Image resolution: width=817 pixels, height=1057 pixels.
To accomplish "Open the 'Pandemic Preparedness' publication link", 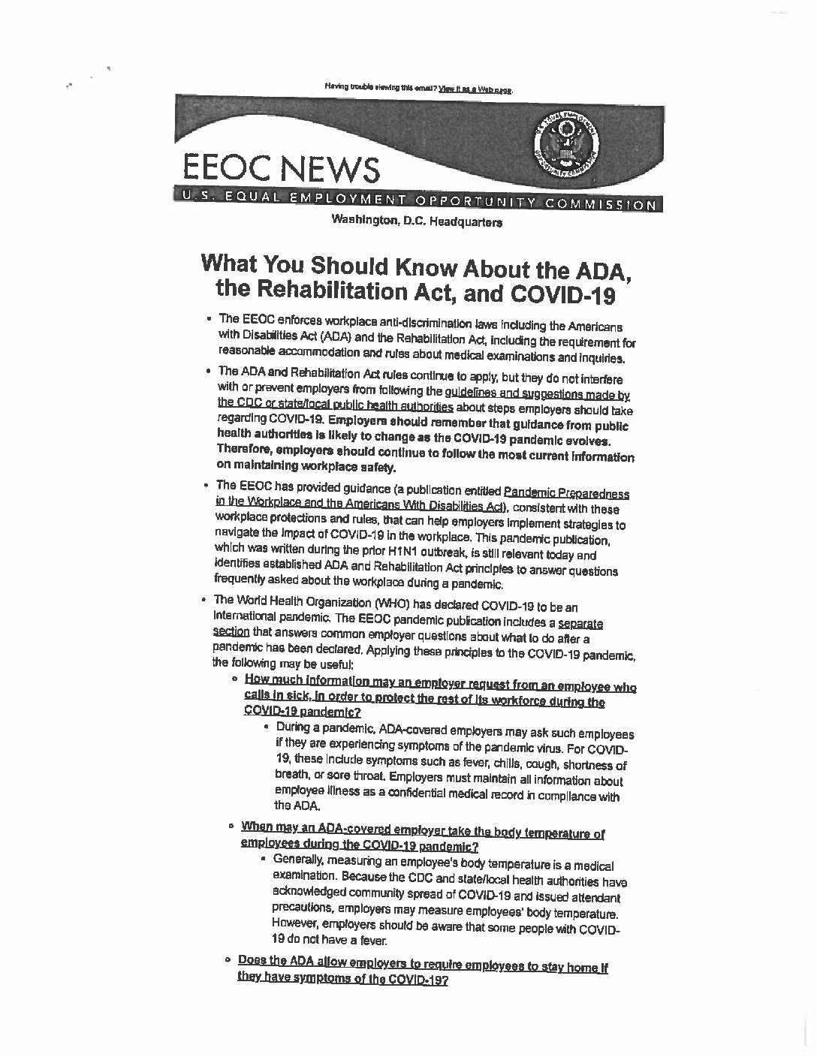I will point(566,493).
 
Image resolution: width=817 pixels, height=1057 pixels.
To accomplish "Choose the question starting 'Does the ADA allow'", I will point(422,967).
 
